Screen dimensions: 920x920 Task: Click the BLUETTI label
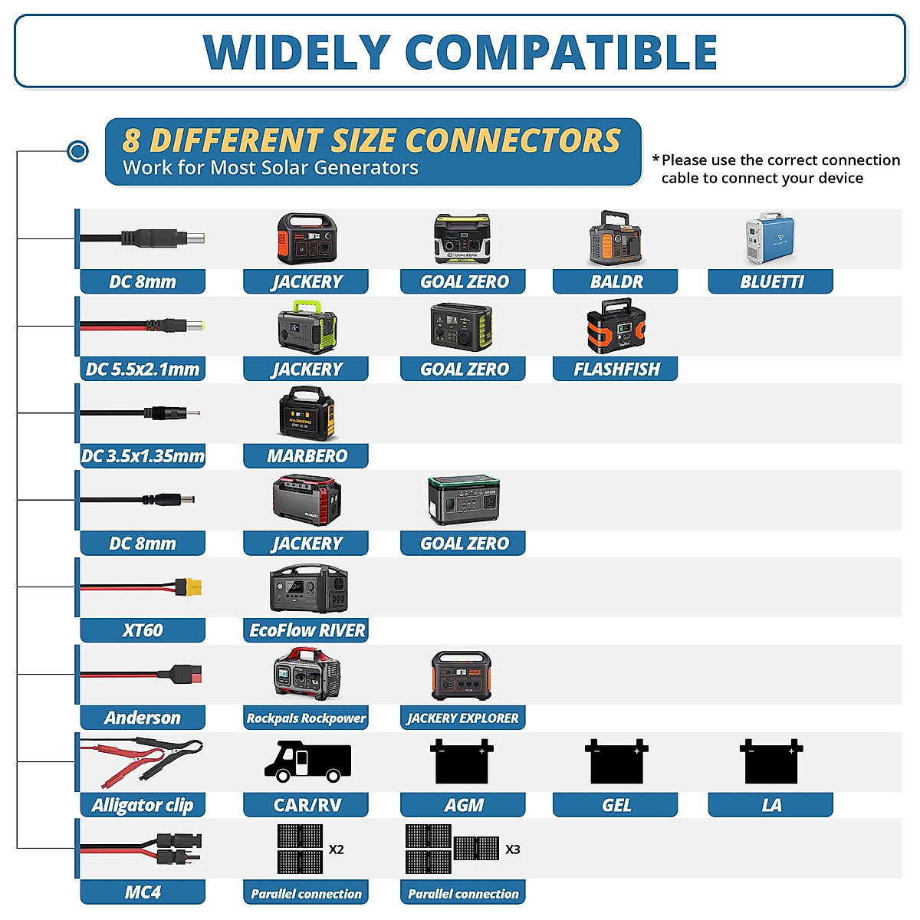[x=770, y=282]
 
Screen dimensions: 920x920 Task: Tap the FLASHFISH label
[x=616, y=370]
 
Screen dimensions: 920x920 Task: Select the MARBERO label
[x=307, y=456]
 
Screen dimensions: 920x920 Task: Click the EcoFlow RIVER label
[x=307, y=630]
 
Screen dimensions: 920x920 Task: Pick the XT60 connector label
[x=143, y=630]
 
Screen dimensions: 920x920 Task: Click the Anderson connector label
[x=143, y=718]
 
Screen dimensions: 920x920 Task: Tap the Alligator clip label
[x=143, y=805]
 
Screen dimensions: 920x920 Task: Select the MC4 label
[x=143, y=892]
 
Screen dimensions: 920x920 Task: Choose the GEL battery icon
[x=616, y=762]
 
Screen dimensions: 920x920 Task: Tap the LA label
[x=770, y=805]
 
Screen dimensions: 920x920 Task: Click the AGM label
[x=463, y=805]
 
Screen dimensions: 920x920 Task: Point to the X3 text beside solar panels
[x=513, y=849]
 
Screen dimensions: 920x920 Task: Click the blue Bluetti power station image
[x=770, y=239]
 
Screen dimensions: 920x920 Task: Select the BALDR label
[x=616, y=282]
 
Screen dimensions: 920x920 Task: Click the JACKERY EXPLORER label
[x=463, y=718]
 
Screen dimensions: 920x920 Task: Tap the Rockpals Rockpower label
[x=306, y=718]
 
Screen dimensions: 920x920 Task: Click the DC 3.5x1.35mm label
[x=143, y=456]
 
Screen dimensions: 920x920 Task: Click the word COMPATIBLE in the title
[x=560, y=52]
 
